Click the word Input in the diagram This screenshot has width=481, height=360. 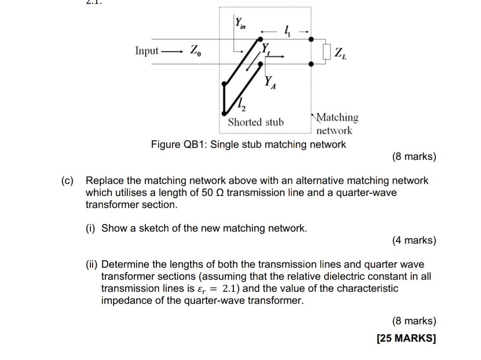tap(147, 51)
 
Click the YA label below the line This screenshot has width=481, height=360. tap(270, 82)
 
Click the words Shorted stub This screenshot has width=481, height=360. tap(256, 122)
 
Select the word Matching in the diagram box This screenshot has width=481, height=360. tap(337, 117)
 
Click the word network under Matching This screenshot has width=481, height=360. tap(334, 131)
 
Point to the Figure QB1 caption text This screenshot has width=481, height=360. tap(249, 144)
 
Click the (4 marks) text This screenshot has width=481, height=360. tap(414, 241)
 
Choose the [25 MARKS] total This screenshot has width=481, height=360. tap(406, 338)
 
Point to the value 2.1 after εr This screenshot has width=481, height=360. tap(232, 288)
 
